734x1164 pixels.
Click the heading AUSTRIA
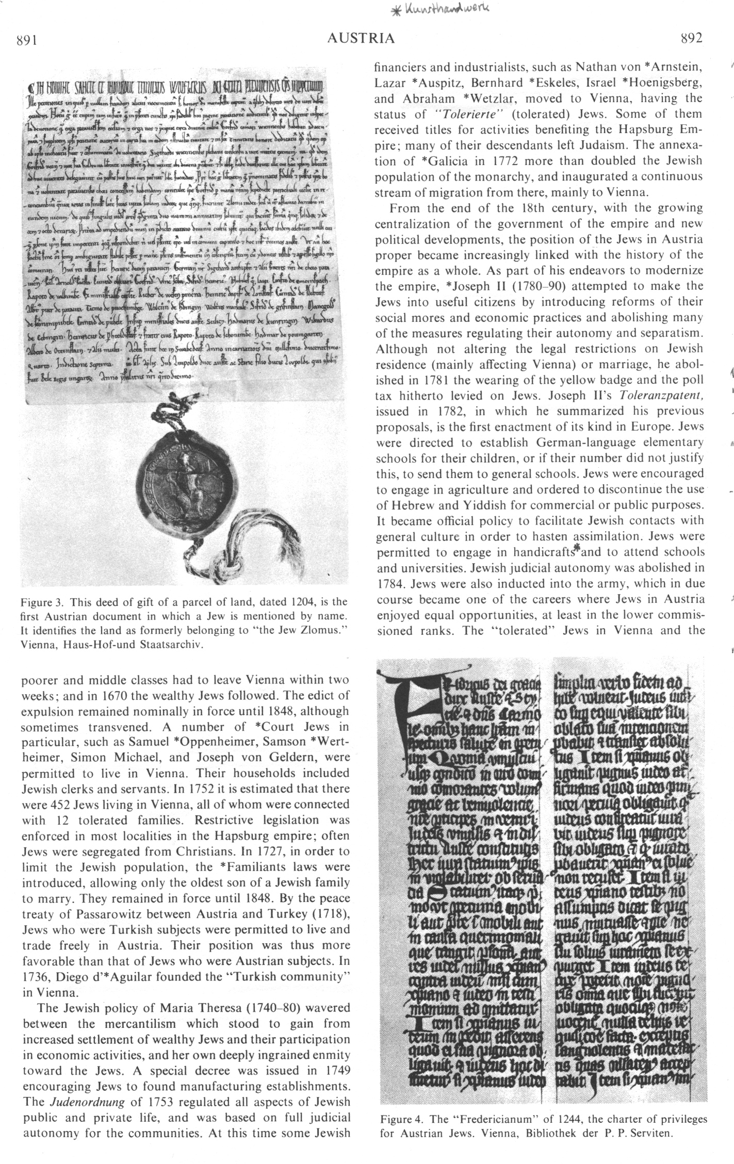click(361, 38)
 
